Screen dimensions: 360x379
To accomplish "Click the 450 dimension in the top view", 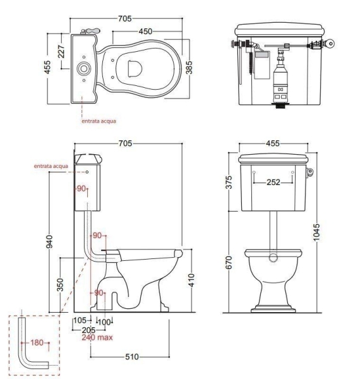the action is pos(145,32).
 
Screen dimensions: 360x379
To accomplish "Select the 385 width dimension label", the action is pos(189,68).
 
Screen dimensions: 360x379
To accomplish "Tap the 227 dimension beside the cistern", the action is pos(62,52).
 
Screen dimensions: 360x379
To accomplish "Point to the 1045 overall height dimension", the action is pos(316,232).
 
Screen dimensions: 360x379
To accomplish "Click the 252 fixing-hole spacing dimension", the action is pos(273,182).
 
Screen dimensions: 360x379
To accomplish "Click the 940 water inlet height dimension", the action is pos(49,241).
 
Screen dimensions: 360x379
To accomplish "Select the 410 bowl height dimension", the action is pos(191,280).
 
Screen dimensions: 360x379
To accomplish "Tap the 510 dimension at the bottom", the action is pos(132,357).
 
